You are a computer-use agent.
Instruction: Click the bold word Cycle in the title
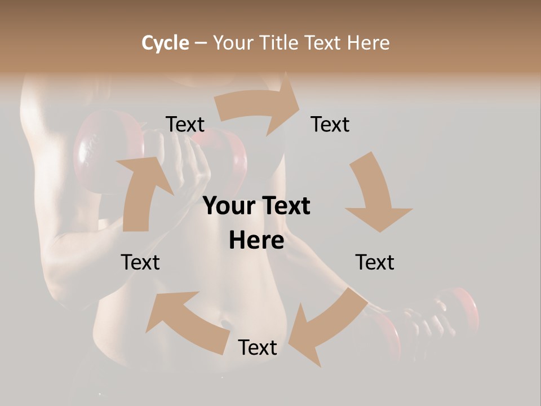pyautogui.click(x=165, y=43)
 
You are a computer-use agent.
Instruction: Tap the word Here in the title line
pyautogui.click(x=367, y=43)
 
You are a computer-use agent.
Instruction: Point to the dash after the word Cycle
pyautogui.click(x=201, y=43)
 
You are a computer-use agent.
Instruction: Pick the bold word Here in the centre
pyautogui.click(x=256, y=241)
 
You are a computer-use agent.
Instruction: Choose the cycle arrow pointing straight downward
pyautogui.click(x=376, y=192)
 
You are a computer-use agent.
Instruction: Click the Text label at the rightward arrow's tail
pyautogui.click(x=185, y=124)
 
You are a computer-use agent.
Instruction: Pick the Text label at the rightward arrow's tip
pyautogui.click(x=330, y=124)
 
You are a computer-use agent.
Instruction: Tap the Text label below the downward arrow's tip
pyautogui.click(x=375, y=262)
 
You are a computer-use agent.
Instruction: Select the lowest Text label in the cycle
pyautogui.click(x=258, y=347)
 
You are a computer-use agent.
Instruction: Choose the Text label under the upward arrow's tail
pyautogui.click(x=140, y=262)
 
